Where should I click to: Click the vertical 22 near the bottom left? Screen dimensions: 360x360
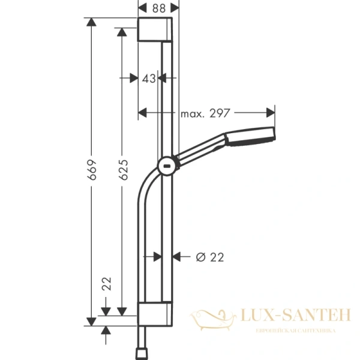coord(107,284)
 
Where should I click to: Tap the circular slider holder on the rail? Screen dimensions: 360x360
coord(167,165)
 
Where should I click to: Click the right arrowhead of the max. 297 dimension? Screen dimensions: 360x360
coord(271,112)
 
